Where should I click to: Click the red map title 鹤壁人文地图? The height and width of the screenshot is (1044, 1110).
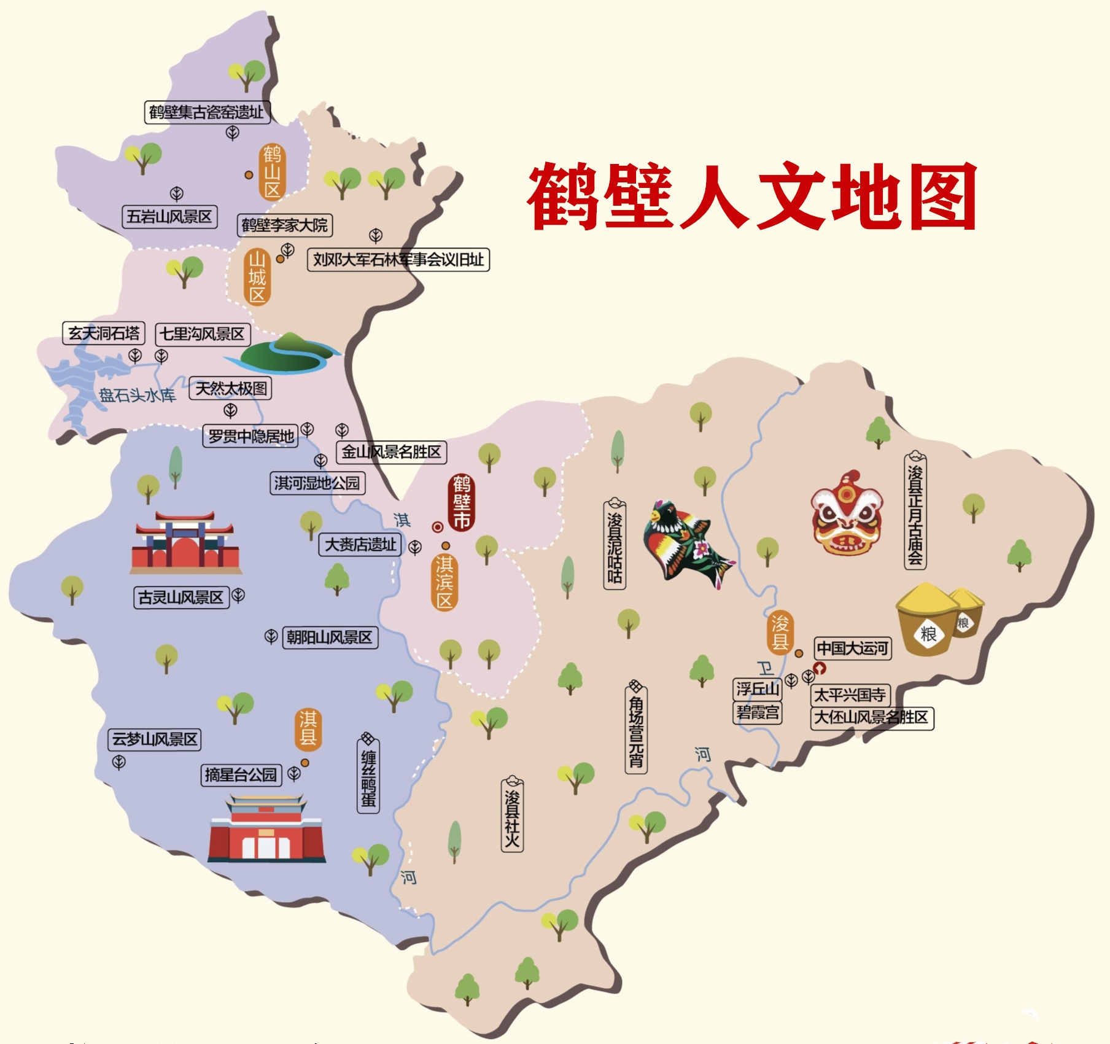[x=752, y=197]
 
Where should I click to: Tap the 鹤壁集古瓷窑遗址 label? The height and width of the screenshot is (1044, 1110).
[x=207, y=112]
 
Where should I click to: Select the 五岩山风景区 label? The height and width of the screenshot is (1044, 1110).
[x=169, y=217]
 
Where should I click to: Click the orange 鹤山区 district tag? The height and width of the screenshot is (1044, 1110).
[x=272, y=172]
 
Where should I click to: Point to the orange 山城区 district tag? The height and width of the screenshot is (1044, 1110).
[x=257, y=277]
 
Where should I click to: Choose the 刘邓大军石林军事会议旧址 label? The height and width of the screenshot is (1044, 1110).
[x=398, y=260]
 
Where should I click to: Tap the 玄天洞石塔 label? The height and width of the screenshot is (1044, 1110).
[x=104, y=333]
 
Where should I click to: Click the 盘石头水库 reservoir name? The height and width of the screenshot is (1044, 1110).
[x=138, y=395]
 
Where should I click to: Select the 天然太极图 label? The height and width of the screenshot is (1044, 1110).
[x=230, y=389]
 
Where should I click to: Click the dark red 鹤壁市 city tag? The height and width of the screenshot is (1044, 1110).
[x=462, y=502]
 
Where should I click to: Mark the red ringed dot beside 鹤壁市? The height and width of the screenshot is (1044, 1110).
[x=438, y=527]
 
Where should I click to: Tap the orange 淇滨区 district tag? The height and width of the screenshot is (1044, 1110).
[x=444, y=582]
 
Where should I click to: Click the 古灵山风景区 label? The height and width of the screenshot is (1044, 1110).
[x=181, y=597]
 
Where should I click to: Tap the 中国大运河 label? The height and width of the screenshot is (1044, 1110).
[x=853, y=648]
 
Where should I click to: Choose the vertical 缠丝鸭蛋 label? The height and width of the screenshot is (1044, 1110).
[x=368, y=776]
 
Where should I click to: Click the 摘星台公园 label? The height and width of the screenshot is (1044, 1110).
[x=241, y=775]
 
